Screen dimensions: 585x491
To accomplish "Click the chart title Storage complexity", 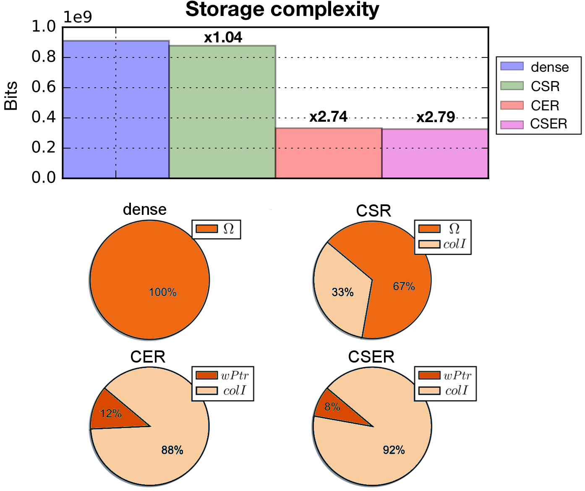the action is pos(282,10).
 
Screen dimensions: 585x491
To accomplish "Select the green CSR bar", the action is pos(222,112).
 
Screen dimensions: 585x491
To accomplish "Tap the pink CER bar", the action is pos(329,153).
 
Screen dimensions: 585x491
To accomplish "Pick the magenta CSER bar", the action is pos(435,154).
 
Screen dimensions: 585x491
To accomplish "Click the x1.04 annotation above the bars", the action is pos(223,37).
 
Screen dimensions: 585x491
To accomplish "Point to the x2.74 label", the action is pos(328,117).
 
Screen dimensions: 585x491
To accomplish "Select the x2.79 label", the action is pos(436,117).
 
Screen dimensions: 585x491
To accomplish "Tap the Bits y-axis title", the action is pos(10,96).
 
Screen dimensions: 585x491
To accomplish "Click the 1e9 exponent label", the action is pos(78,17).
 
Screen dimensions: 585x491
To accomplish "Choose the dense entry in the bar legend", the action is pos(535,67).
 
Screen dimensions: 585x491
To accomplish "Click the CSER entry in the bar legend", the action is pos(534,124).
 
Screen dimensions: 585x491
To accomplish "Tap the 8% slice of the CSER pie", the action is pos(336,408).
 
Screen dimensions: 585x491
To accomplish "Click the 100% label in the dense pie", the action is pos(163,293).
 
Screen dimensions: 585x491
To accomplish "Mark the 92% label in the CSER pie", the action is pos(394,450).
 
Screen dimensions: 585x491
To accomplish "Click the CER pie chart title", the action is pos(148,357).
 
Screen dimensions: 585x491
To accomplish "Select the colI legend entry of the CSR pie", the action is pos(442,244).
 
